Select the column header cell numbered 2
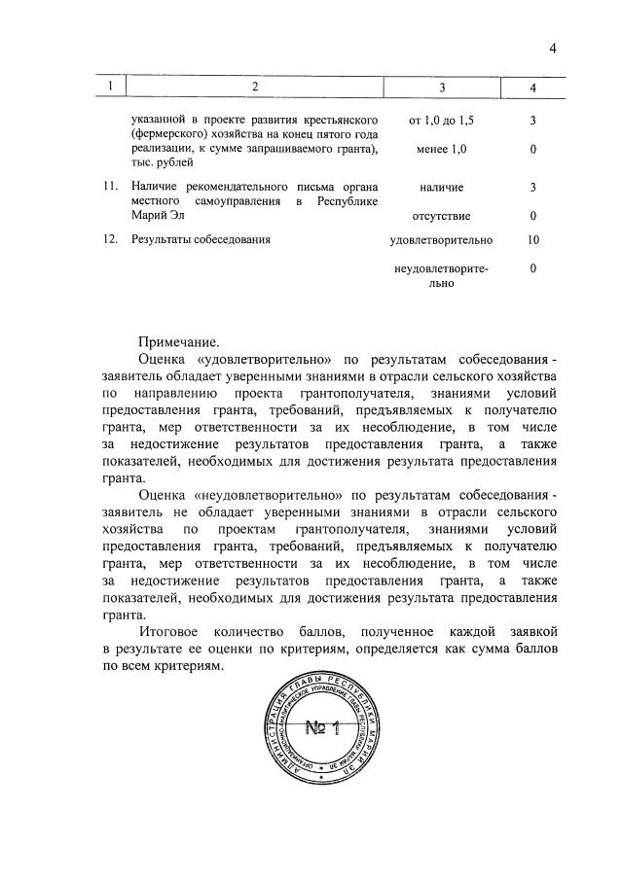pos(254,88)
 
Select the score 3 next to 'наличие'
pos(532,186)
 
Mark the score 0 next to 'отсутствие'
pos(532,215)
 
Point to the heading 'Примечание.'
pos(179,341)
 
